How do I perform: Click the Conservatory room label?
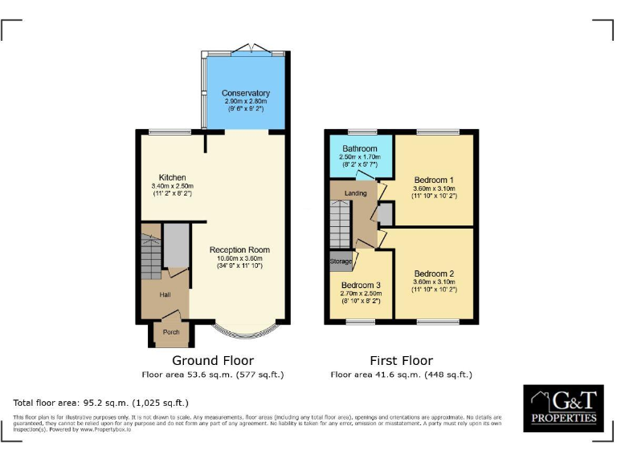(x=245, y=94)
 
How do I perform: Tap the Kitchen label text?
(x=172, y=177)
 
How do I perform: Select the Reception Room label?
(x=239, y=249)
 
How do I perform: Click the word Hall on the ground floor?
(x=165, y=295)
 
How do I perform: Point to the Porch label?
(x=171, y=332)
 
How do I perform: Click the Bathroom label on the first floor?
(x=359, y=149)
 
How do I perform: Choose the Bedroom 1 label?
(x=435, y=179)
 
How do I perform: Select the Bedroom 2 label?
(x=435, y=273)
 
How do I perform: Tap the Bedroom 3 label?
(x=360, y=285)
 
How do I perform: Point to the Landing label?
(x=355, y=193)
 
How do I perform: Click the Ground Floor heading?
(x=213, y=361)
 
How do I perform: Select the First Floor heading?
(x=401, y=361)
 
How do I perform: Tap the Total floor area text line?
(x=101, y=403)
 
